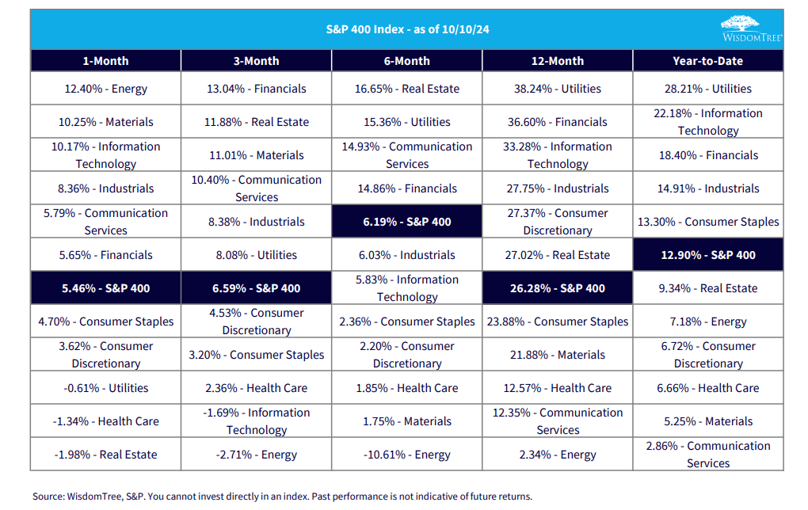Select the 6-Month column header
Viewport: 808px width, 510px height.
tap(406, 61)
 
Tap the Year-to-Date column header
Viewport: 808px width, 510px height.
tap(707, 61)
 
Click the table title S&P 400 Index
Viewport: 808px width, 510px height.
tap(406, 29)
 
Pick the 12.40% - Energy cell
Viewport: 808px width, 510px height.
tap(105, 89)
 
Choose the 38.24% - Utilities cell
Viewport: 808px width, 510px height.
tap(557, 89)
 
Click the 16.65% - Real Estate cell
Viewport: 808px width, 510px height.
tap(406, 89)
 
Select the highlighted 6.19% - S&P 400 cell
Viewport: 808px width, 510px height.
tap(406, 222)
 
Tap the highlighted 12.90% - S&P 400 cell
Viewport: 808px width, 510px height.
tap(707, 255)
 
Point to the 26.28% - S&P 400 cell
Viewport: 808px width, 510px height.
tap(557, 288)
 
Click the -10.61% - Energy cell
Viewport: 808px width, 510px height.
tap(406, 455)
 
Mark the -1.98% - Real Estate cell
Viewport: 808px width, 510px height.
tap(105, 455)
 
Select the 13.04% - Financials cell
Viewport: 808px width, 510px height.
tap(256, 89)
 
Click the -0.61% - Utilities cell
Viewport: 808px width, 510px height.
tap(105, 388)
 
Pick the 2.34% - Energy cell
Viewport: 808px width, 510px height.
tap(557, 455)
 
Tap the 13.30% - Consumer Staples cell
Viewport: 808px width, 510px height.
tap(707, 222)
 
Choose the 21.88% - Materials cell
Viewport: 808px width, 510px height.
tap(557, 355)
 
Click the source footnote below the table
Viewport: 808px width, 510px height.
tap(282, 497)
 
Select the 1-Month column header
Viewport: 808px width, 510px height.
tap(105, 61)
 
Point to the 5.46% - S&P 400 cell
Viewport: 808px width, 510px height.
tap(105, 288)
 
